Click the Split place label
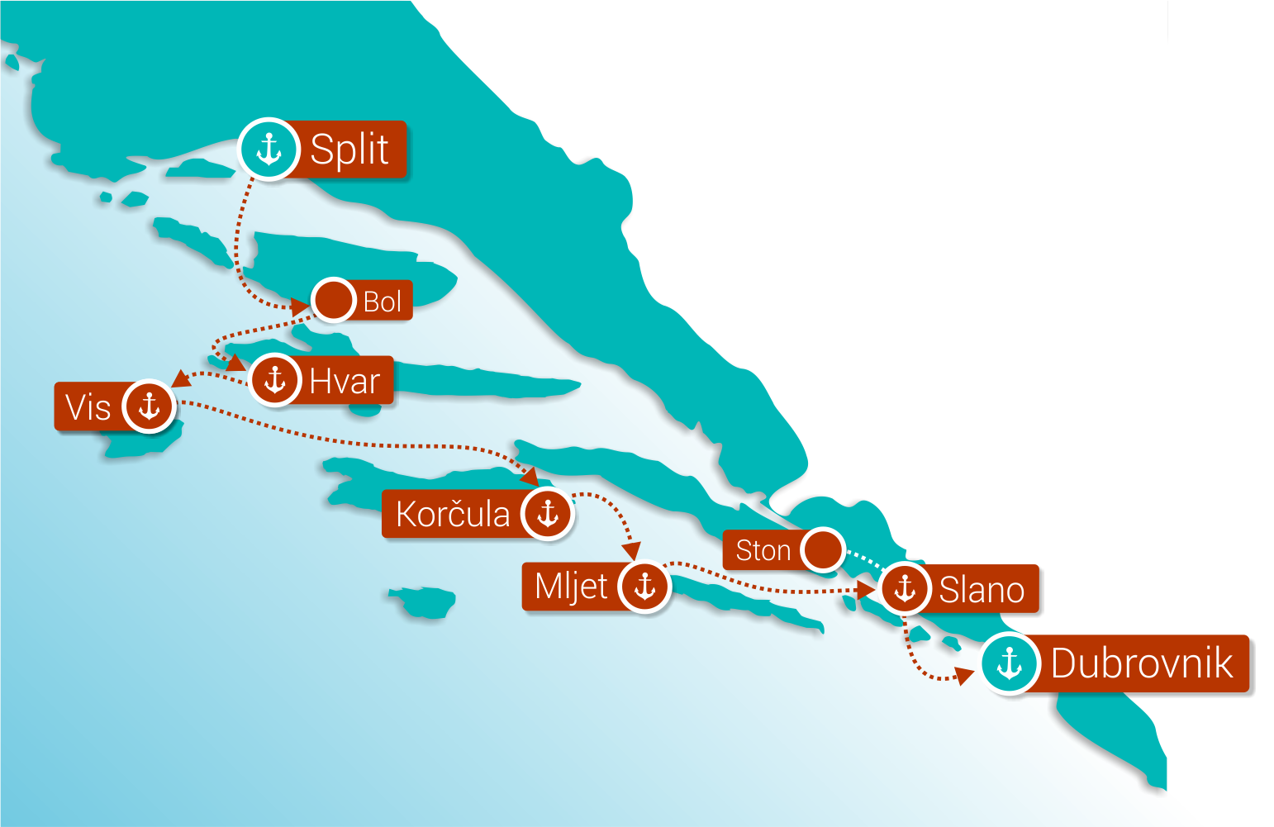(349, 150)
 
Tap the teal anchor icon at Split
(269, 150)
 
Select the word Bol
(383, 302)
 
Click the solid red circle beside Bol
(334, 300)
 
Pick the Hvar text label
(345, 382)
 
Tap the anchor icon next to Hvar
(274, 380)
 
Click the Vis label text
(88, 407)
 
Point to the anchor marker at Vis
(149, 406)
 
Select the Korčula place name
(453, 514)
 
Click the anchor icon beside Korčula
(547, 513)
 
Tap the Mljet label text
(571, 587)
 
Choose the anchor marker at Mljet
(644, 586)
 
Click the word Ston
(763, 550)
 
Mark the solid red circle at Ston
(822, 549)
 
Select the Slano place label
(982, 590)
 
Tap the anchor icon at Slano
(906, 588)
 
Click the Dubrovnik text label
(1142, 663)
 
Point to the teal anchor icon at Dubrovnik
(1010, 663)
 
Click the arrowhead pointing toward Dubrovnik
(963, 677)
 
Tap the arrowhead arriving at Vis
(179, 379)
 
